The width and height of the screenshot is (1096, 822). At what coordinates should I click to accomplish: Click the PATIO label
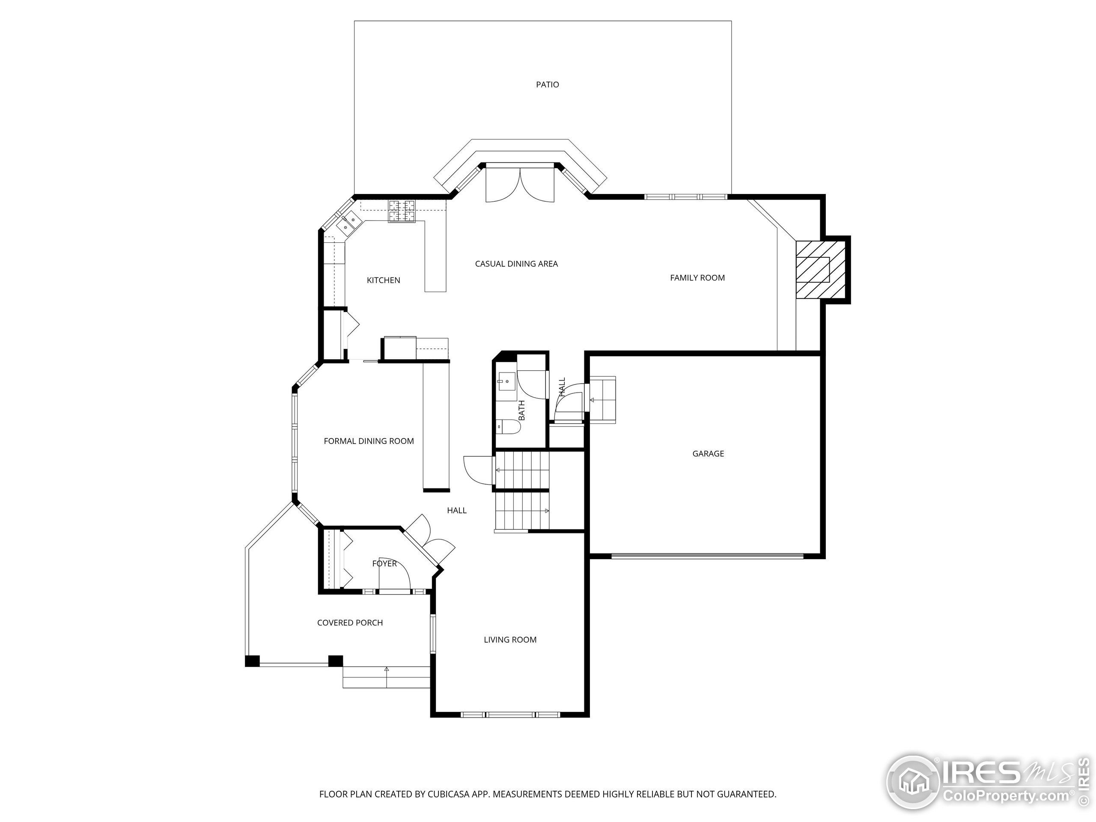pyautogui.click(x=548, y=85)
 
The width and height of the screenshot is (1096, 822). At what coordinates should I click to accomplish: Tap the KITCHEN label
pyautogui.click(x=383, y=280)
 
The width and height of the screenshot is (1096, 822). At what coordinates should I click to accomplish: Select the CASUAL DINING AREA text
pyautogui.click(x=516, y=264)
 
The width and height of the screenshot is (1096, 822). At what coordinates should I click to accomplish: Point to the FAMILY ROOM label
pyautogui.click(x=697, y=278)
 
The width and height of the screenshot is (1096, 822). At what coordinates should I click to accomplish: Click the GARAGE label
pyautogui.click(x=708, y=454)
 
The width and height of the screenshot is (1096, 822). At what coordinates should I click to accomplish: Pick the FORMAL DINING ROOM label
pyautogui.click(x=369, y=441)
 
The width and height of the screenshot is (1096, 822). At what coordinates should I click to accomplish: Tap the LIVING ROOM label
pyautogui.click(x=510, y=640)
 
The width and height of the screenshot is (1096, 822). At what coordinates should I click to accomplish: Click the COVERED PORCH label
pyautogui.click(x=350, y=623)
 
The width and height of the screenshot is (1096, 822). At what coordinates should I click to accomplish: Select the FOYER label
pyautogui.click(x=384, y=564)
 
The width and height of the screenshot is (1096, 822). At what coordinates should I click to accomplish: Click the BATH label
pyautogui.click(x=521, y=411)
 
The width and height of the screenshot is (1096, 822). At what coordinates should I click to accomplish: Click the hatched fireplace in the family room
pyautogui.click(x=820, y=270)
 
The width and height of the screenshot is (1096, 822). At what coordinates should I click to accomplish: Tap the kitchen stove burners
pyautogui.click(x=402, y=211)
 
